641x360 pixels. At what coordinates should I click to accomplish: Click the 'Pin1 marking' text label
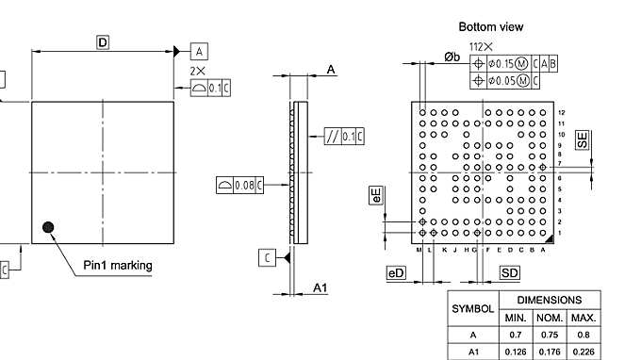point(118,265)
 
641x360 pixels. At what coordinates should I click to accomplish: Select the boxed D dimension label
point(103,41)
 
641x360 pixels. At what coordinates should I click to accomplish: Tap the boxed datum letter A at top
point(200,50)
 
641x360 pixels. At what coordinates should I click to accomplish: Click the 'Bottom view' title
point(490,26)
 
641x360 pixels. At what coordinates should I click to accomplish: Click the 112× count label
point(482,46)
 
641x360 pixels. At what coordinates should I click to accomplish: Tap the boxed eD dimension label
point(396,272)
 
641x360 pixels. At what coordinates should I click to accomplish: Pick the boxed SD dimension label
point(509,272)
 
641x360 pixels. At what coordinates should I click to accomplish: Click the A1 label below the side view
point(320,287)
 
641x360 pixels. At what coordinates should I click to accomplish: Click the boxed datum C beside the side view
point(268,257)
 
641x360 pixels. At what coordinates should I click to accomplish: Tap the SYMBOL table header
point(473,308)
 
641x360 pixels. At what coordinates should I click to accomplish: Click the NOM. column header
point(550,318)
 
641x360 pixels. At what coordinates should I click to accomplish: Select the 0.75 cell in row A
point(550,335)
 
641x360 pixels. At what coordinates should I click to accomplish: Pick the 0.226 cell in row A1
point(583,352)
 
